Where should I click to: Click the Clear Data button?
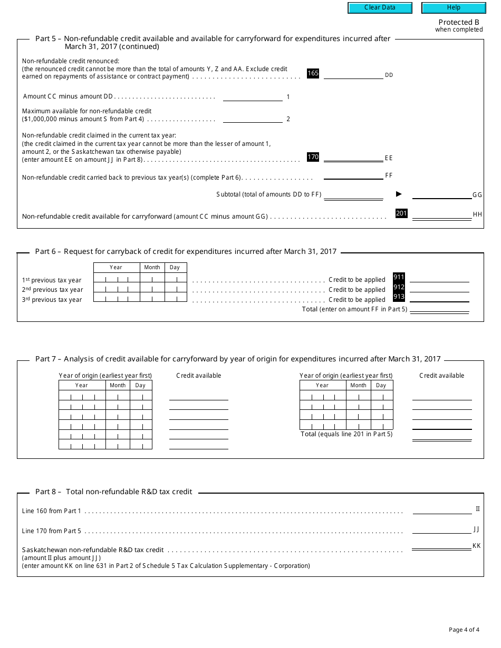tap(380, 8)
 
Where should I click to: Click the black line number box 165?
tap(313, 74)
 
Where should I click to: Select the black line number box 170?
tap(313, 157)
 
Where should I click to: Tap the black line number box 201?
tap(402, 213)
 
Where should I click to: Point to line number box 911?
tap(399, 278)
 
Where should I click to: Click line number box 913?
tap(399, 297)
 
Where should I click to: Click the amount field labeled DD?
tap(353, 74)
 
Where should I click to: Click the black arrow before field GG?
tap(399, 194)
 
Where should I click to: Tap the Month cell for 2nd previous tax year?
tap(152, 289)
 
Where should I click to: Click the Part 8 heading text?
tap(113, 492)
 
